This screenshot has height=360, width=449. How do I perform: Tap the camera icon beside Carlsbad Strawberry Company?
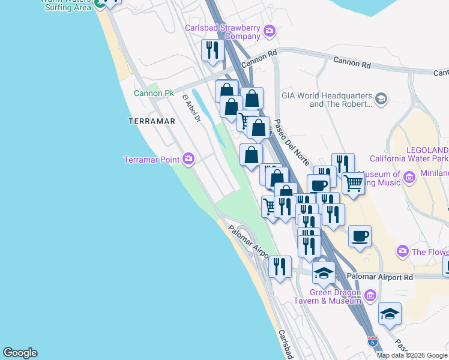270,30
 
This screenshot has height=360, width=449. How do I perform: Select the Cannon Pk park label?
154,93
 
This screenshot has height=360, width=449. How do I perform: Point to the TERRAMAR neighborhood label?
152,121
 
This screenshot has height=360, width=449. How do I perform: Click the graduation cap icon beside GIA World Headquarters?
381,98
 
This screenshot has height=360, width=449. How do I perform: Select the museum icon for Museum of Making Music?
411,178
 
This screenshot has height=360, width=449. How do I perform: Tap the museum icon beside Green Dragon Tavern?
369,295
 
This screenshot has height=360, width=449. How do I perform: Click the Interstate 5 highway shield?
373,341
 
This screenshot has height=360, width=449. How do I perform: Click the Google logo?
20,353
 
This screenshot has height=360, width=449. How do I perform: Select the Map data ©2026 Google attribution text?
411,355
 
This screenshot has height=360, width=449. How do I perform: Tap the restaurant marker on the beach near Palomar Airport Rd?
280,266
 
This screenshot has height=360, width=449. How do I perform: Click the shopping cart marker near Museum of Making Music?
354,183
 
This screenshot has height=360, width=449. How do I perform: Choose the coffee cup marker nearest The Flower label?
360,236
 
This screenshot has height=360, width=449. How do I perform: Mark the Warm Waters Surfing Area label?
66,5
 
